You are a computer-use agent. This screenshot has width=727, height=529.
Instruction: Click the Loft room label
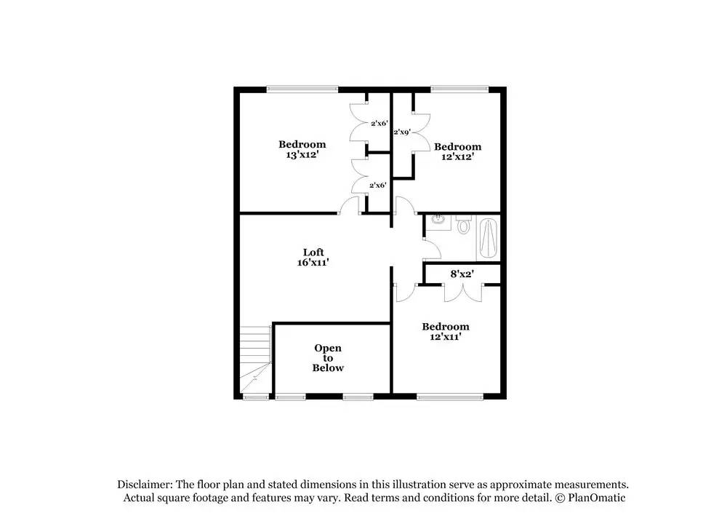(313, 252)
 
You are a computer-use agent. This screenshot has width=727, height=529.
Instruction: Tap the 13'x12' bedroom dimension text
(302, 155)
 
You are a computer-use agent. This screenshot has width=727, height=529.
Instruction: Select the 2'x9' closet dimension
(402, 132)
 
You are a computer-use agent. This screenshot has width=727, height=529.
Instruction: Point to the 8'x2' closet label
(462, 274)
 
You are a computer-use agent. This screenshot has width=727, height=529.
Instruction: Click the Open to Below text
(328, 358)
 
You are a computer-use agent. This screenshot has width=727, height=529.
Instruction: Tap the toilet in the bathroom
(464, 226)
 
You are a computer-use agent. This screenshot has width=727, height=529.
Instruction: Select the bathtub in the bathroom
(489, 238)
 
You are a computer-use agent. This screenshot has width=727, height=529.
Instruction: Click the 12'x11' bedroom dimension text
(446, 337)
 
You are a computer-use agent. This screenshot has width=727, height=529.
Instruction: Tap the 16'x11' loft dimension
(313, 263)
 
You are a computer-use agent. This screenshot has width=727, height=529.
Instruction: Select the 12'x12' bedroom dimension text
(457, 156)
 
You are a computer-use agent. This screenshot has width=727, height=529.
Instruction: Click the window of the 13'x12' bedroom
(302, 90)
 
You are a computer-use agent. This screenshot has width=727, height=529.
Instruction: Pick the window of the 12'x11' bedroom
(450, 397)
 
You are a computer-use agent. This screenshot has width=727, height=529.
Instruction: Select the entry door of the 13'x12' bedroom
(350, 208)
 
